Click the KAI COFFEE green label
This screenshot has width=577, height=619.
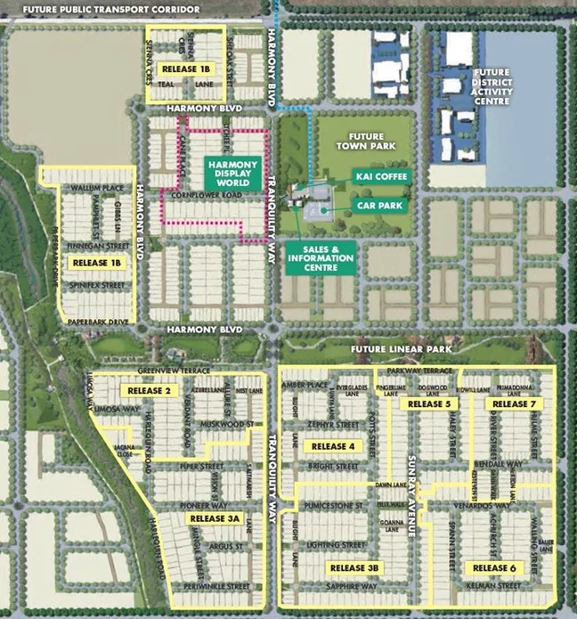381,176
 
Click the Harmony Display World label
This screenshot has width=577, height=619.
232,172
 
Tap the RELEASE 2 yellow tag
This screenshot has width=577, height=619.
149,390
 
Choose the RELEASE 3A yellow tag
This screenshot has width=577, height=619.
214,518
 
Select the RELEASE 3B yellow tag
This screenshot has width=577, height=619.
354,567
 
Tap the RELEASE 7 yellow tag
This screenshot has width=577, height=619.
510,404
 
